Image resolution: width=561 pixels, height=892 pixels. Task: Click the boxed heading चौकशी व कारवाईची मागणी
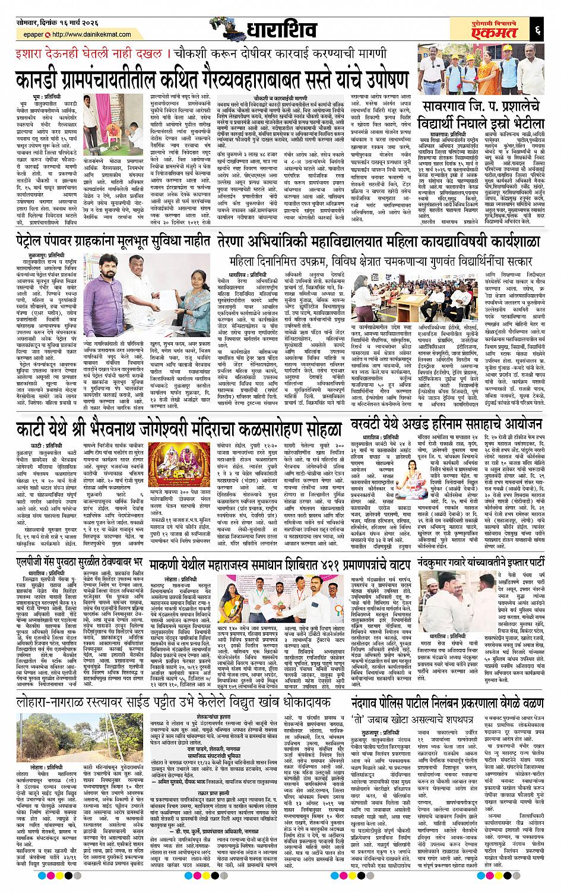click(x=278, y=96)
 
